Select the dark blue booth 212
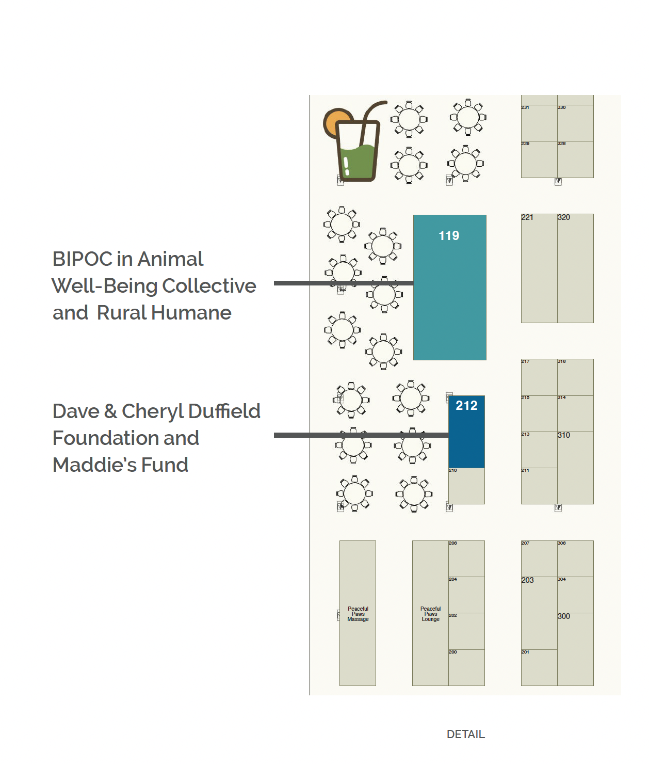click(466, 432)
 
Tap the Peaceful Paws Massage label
click(358, 614)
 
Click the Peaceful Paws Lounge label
click(430, 614)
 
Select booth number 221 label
click(527, 217)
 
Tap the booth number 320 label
click(564, 217)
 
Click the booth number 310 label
click(564, 435)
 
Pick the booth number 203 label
click(527, 580)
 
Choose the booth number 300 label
click(564, 616)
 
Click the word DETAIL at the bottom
click(465, 734)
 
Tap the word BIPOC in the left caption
click(83, 259)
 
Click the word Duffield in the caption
click(224, 411)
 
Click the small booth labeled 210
click(466, 486)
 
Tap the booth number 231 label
click(525, 107)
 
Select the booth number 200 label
click(452, 652)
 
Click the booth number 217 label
click(525, 361)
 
